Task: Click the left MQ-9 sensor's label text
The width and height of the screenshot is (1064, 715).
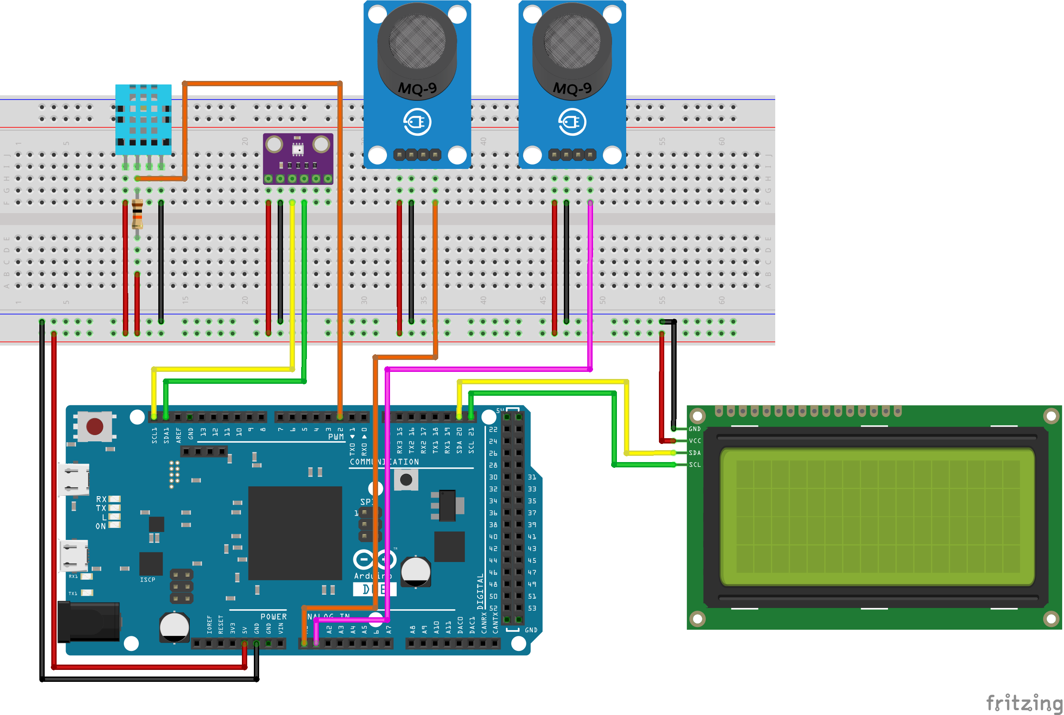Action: click(x=417, y=88)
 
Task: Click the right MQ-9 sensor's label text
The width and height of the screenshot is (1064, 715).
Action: click(x=572, y=88)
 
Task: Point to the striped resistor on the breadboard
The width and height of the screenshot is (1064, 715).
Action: click(x=137, y=214)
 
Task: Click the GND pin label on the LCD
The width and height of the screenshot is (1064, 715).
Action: click(x=695, y=429)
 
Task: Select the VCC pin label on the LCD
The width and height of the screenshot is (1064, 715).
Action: click(x=695, y=441)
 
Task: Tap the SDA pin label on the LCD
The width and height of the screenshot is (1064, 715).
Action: click(x=695, y=453)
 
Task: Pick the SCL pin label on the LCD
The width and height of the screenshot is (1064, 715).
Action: click(x=695, y=465)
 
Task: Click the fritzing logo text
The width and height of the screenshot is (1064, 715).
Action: click(x=1024, y=702)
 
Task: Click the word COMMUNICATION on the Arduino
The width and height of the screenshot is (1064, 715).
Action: click(x=384, y=462)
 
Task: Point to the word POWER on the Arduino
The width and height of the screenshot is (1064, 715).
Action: click(x=273, y=616)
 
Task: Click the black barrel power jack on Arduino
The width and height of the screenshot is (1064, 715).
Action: click(x=89, y=622)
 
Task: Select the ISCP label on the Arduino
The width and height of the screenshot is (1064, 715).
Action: click(x=147, y=580)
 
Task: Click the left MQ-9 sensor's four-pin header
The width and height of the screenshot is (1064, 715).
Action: click(x=417, y=155)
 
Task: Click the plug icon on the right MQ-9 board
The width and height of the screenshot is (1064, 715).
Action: click(x=572, y=122)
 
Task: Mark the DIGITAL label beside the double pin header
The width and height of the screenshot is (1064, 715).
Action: click(x=480, y=592)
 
